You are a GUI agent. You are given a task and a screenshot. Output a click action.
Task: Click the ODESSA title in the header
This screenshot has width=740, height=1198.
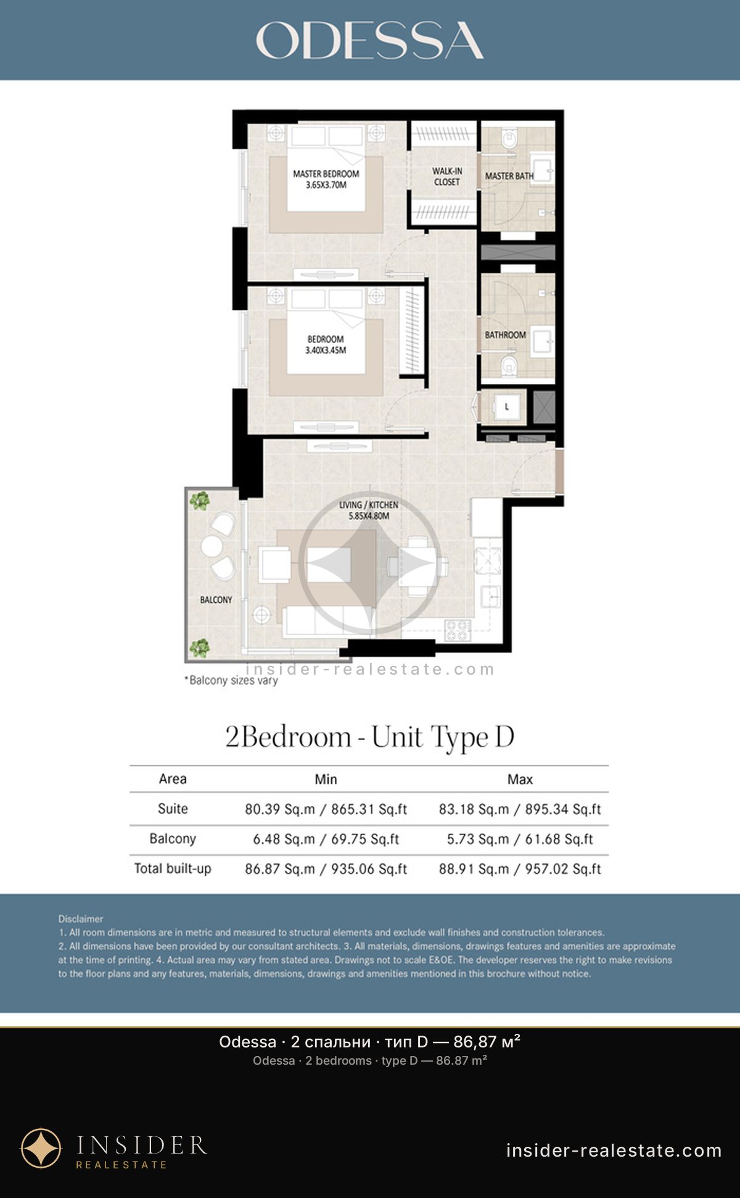coord(369,41)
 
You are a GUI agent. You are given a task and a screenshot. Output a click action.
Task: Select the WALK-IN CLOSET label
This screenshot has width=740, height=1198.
coord(447,177)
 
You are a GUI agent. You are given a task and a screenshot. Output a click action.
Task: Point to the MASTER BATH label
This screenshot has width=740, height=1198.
coord(509,176)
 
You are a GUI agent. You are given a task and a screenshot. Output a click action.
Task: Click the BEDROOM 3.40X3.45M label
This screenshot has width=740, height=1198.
coord(326,344)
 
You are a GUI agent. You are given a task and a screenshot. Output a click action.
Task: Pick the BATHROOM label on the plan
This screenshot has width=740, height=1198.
coord(505,335)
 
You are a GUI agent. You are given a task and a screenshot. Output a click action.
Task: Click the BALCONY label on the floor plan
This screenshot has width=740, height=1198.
coord(216,599)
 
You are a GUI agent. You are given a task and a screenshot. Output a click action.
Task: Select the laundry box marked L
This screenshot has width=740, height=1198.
coord(507,407)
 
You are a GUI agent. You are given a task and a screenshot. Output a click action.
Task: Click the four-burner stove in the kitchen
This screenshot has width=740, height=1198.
coord(458,630)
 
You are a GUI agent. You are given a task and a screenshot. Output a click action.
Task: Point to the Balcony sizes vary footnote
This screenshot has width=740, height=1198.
coord(231,680)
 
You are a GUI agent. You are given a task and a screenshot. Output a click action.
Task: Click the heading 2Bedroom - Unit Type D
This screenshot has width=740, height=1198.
coord(369,737)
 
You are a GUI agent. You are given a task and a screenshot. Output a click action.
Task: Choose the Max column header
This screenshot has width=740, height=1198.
coord(520,779)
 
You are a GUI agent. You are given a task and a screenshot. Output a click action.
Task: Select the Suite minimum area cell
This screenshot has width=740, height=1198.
coord(326,809)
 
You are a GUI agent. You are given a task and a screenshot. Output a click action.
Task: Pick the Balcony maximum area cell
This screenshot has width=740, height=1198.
coord(520,839)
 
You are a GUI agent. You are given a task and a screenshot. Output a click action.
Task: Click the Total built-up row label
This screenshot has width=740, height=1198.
coord(173,868)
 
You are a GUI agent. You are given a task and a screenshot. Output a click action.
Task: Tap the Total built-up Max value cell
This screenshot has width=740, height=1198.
coord(520,868)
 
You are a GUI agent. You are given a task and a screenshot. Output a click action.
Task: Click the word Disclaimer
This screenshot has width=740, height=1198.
coord(81,918)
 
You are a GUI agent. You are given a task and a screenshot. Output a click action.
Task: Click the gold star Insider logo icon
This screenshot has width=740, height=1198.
coord(41,1149)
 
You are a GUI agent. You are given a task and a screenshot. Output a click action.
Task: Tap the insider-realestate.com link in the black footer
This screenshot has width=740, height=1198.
coord(614,1150)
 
